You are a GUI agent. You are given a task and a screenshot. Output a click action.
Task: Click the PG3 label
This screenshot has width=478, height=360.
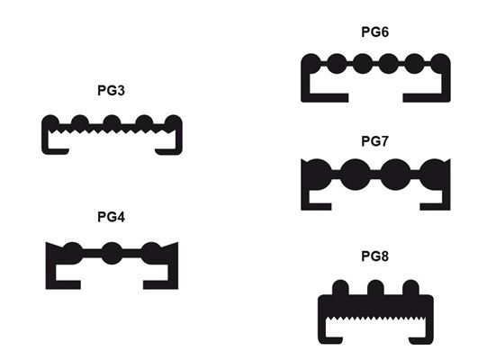111,91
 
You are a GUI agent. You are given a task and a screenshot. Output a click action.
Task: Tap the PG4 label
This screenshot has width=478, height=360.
111,217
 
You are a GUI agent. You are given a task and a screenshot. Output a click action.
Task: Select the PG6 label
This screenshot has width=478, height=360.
374,32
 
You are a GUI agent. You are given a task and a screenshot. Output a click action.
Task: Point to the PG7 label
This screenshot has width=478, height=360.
374,141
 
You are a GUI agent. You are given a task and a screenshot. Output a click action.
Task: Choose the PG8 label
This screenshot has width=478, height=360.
374,256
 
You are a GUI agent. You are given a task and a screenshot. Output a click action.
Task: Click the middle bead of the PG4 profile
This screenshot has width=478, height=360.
112,253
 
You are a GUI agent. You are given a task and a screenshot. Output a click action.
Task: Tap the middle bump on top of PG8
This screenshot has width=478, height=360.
375,288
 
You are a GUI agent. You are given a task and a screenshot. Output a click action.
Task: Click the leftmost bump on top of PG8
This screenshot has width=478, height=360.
340,288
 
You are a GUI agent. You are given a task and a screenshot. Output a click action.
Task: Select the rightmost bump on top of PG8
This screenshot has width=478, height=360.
410,288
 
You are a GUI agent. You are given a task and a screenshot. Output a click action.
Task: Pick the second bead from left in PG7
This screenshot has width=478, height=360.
356,175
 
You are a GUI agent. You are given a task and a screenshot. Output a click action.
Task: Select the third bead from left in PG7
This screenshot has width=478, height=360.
396,175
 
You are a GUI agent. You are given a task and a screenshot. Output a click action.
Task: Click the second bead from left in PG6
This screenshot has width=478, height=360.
337,64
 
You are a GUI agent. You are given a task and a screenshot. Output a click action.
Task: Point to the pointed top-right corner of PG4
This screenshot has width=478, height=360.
177,243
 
